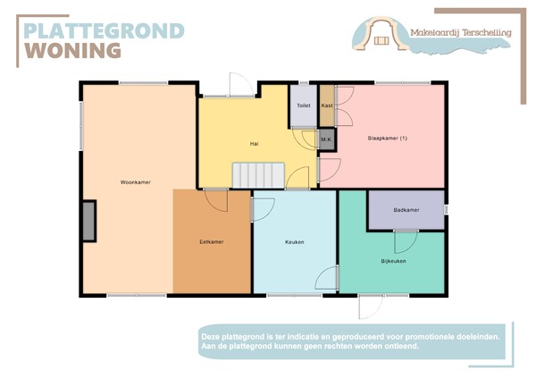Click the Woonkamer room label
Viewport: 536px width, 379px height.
point(135,182)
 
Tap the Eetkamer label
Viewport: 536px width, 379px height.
point(212,242)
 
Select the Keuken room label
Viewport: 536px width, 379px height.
point(296,242)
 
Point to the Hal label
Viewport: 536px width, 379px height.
point(255,143)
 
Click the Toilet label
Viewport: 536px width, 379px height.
point(304,105)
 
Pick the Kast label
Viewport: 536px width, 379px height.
point(327,105)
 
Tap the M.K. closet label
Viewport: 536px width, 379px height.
point(327,139)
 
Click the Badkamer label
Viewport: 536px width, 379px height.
point(406,210)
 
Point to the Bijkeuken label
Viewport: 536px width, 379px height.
point(394,261)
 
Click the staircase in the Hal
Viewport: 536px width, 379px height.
point(258,175)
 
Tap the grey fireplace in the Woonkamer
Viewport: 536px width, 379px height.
point(88,221)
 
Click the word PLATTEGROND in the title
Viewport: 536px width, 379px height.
point(104,31)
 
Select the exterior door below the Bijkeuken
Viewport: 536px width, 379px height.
point(371,306)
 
